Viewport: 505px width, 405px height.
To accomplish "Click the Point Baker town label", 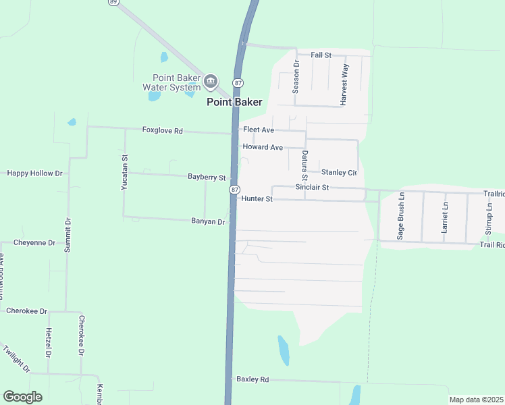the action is [x=234, y=102].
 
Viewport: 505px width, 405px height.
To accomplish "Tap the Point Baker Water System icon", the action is [x=211, y=82].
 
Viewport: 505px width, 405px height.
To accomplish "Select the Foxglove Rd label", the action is [x=163, y=130].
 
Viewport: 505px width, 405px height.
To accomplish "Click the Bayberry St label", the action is [x=207, y=177].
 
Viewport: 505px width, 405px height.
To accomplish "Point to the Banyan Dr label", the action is [x=207, y=221].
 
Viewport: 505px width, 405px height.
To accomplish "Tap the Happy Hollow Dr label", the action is [x=34, y=173].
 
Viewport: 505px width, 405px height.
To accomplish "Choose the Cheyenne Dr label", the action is [x=34, y=242].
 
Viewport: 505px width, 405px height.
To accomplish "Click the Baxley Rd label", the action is [x=252, y=379].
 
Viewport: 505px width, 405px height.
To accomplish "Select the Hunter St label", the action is [x=257, y=199].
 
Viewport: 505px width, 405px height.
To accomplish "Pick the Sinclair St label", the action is [x=312, y=187].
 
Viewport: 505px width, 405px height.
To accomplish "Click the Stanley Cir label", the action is [x=338, y=172].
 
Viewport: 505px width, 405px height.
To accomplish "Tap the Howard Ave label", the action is [x=263, y=147].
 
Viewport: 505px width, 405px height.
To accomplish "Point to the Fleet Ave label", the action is [x=259, y=129].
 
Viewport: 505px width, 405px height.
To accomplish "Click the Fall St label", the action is [x=321, y=55].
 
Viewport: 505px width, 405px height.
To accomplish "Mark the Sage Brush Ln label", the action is [x=400, y=216].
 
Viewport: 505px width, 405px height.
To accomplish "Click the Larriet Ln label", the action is [x=444, y=217].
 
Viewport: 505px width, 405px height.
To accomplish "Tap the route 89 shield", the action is [x=113, y=3].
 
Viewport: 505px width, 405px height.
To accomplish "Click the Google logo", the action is [x=22, y=397].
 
